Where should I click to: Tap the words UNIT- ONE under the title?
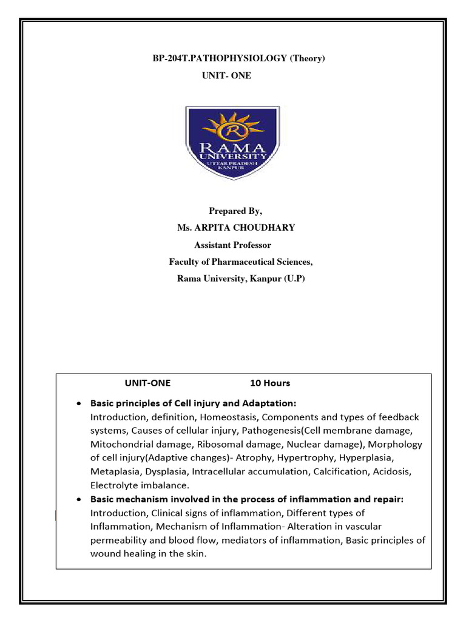(226, 75)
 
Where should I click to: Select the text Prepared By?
(235, 211)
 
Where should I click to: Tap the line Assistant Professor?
(232, 245)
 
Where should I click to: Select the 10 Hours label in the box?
(270, 383)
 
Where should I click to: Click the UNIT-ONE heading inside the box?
(148, 383)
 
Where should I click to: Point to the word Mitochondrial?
(119, 445)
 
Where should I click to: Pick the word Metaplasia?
(113, 472)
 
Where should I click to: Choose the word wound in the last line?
(104, 553)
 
